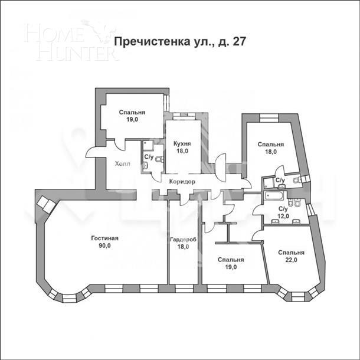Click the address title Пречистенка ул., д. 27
point(179,42)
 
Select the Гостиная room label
point(105,238)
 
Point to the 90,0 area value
point(105,247)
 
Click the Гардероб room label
point(183,240)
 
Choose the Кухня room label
point(182,143)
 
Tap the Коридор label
point(182,182)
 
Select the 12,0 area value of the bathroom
point(283,217)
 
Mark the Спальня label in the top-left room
point(132,112)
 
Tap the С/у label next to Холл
point(148,158)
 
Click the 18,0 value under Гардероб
point(183,247)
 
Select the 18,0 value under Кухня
point(182,151)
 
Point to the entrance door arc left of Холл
point(96,152)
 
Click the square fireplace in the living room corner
point(44,204)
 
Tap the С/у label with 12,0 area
point(283,209)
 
